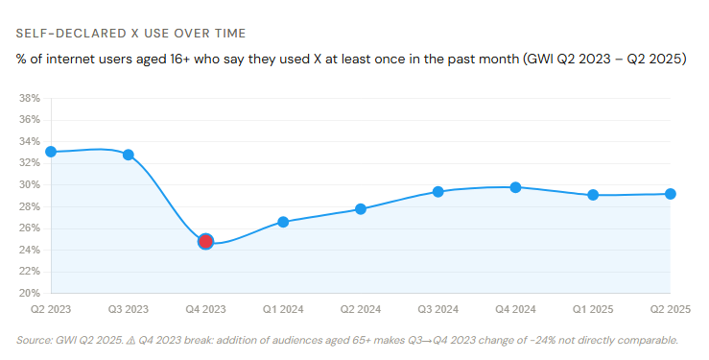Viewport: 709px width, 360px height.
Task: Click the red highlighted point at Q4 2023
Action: [x=205, y=241]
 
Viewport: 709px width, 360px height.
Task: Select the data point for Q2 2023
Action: [x=51, y=152]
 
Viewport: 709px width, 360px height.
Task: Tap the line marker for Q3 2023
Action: [x=128, y=155]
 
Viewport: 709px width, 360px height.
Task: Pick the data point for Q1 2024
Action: [x=283, y=222]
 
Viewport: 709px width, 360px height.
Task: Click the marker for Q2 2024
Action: [x=361, y=208]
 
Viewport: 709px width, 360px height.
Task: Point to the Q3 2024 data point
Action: [x=438, y=191]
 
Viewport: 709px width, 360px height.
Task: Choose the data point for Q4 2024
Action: [x=515, y=187]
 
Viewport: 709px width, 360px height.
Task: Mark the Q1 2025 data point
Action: [x=593, y=195]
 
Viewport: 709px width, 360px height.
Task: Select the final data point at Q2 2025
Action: [x=671, y=194]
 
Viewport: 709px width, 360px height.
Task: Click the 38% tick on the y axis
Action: [x=29, y=98]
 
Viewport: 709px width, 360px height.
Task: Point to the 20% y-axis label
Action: [x=29, y=293]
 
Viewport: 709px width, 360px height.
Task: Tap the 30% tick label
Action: [x=29, y=184]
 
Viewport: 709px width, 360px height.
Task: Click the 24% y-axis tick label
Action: [x=29, y=250]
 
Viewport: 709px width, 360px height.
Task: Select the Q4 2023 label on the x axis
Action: [x=205, y=309]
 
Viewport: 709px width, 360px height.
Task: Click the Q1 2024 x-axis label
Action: [x=283, y=309]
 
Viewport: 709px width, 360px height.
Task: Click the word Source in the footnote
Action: [x=35, y=340]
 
